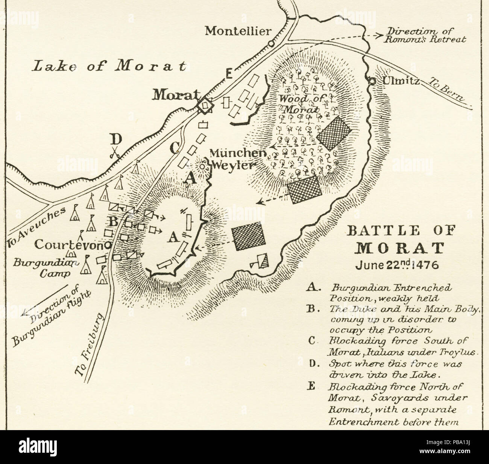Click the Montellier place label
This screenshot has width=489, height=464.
click(237, 31)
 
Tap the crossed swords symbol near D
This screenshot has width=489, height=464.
click(115, 154)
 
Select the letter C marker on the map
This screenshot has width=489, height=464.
click(174, 147)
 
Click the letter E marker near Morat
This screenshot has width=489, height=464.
click(228, 75)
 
